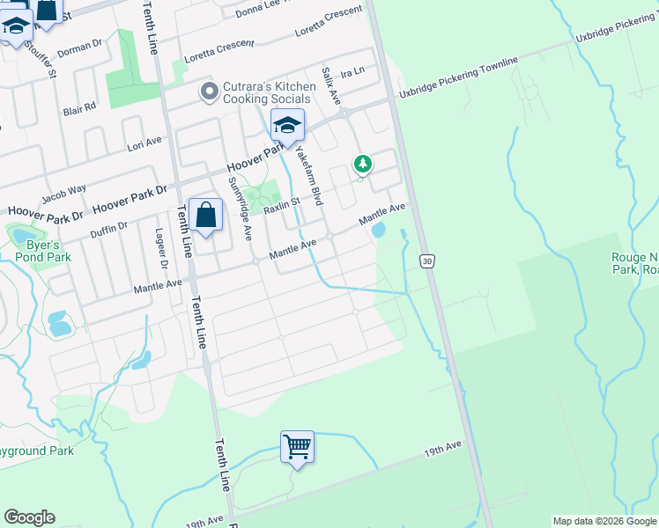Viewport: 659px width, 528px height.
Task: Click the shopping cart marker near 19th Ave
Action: (298, 447)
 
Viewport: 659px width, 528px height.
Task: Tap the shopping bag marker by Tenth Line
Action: (205, 215)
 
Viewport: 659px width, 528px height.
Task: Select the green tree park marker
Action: (362, 164)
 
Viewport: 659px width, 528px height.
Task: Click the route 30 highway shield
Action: (427, 261)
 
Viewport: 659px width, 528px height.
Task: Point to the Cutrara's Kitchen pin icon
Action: (209, 92)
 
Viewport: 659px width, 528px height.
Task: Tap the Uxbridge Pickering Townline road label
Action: (458, 76)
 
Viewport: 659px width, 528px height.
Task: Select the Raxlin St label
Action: (283, 206)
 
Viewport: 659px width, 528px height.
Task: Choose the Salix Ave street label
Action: (330, 86)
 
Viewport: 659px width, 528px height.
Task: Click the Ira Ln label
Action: (353, 70)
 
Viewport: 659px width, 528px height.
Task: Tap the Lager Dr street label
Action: (161, 247)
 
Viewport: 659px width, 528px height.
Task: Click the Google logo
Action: (29, 517)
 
